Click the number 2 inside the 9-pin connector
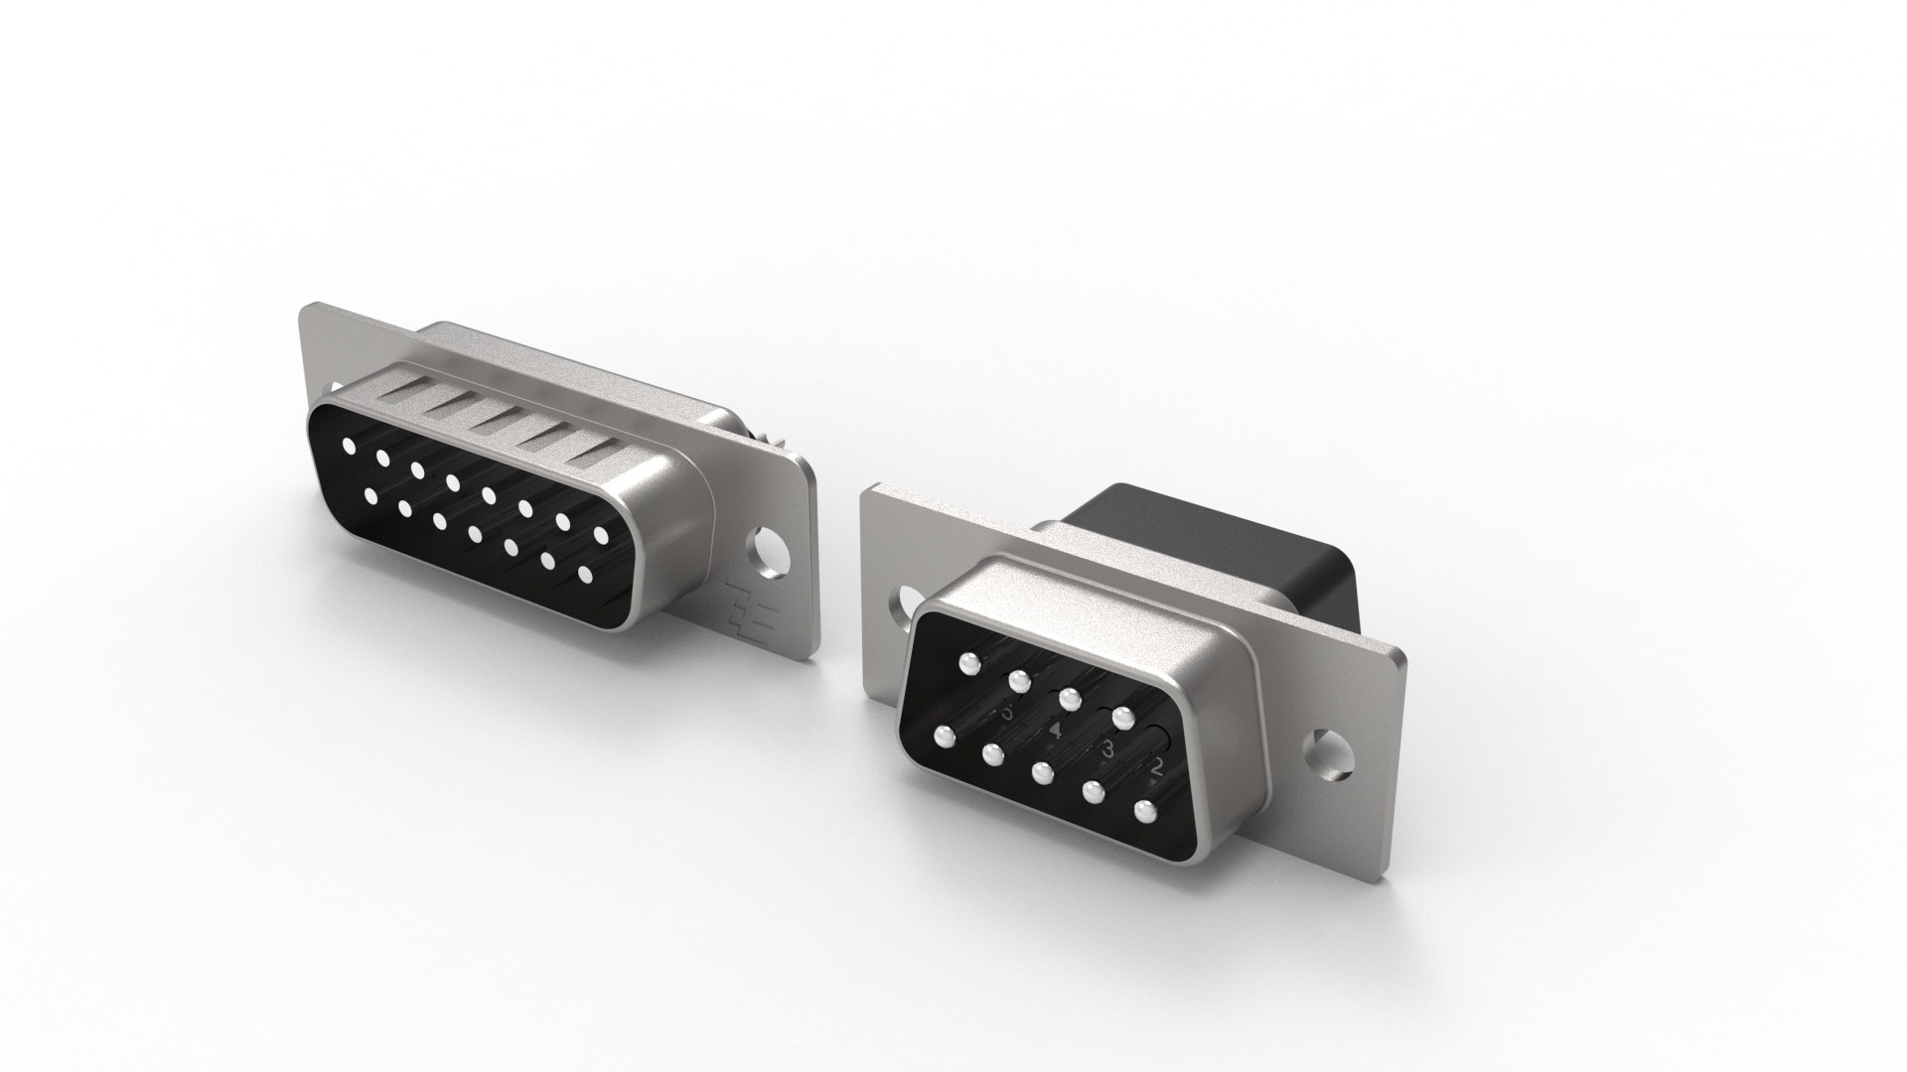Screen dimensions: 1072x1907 [x=1155, y=767]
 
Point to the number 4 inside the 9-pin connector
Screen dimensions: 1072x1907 [x=1057, y=732]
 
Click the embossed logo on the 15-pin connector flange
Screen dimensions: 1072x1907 [x=739, y=603]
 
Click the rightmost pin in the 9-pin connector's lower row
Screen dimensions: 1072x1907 [x=1146, y=810]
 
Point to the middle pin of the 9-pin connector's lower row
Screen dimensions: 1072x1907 [x=1042, y=772]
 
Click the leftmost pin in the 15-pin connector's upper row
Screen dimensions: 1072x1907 [x=349, y=446]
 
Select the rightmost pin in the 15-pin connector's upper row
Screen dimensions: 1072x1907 [x=601, y=535]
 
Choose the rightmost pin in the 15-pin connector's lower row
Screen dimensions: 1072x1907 [x=584, y=575]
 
